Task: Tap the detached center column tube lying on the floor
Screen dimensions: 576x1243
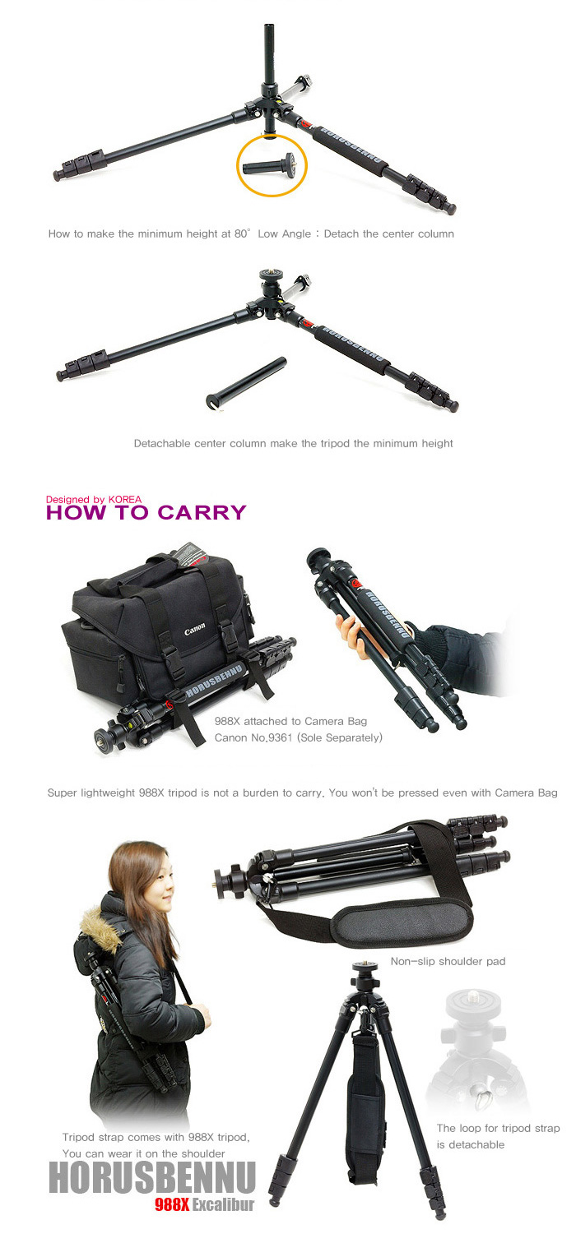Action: click(246, 383)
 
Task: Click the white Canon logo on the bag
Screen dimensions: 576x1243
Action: click(194, 630)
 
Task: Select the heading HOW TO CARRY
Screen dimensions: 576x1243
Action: click(146, 512)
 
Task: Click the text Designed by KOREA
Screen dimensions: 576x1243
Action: click(93, 499)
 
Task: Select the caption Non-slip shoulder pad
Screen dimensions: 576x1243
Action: click(448, 961)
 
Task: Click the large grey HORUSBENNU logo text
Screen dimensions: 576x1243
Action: click(151, 1178)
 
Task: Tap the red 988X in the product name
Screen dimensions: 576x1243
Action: click(172, 1204)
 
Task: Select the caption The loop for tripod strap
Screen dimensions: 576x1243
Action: click(498, 1128)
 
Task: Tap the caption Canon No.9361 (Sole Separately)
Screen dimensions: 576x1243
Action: click(298, 737)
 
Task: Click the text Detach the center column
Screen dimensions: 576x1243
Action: click(389, 233)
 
